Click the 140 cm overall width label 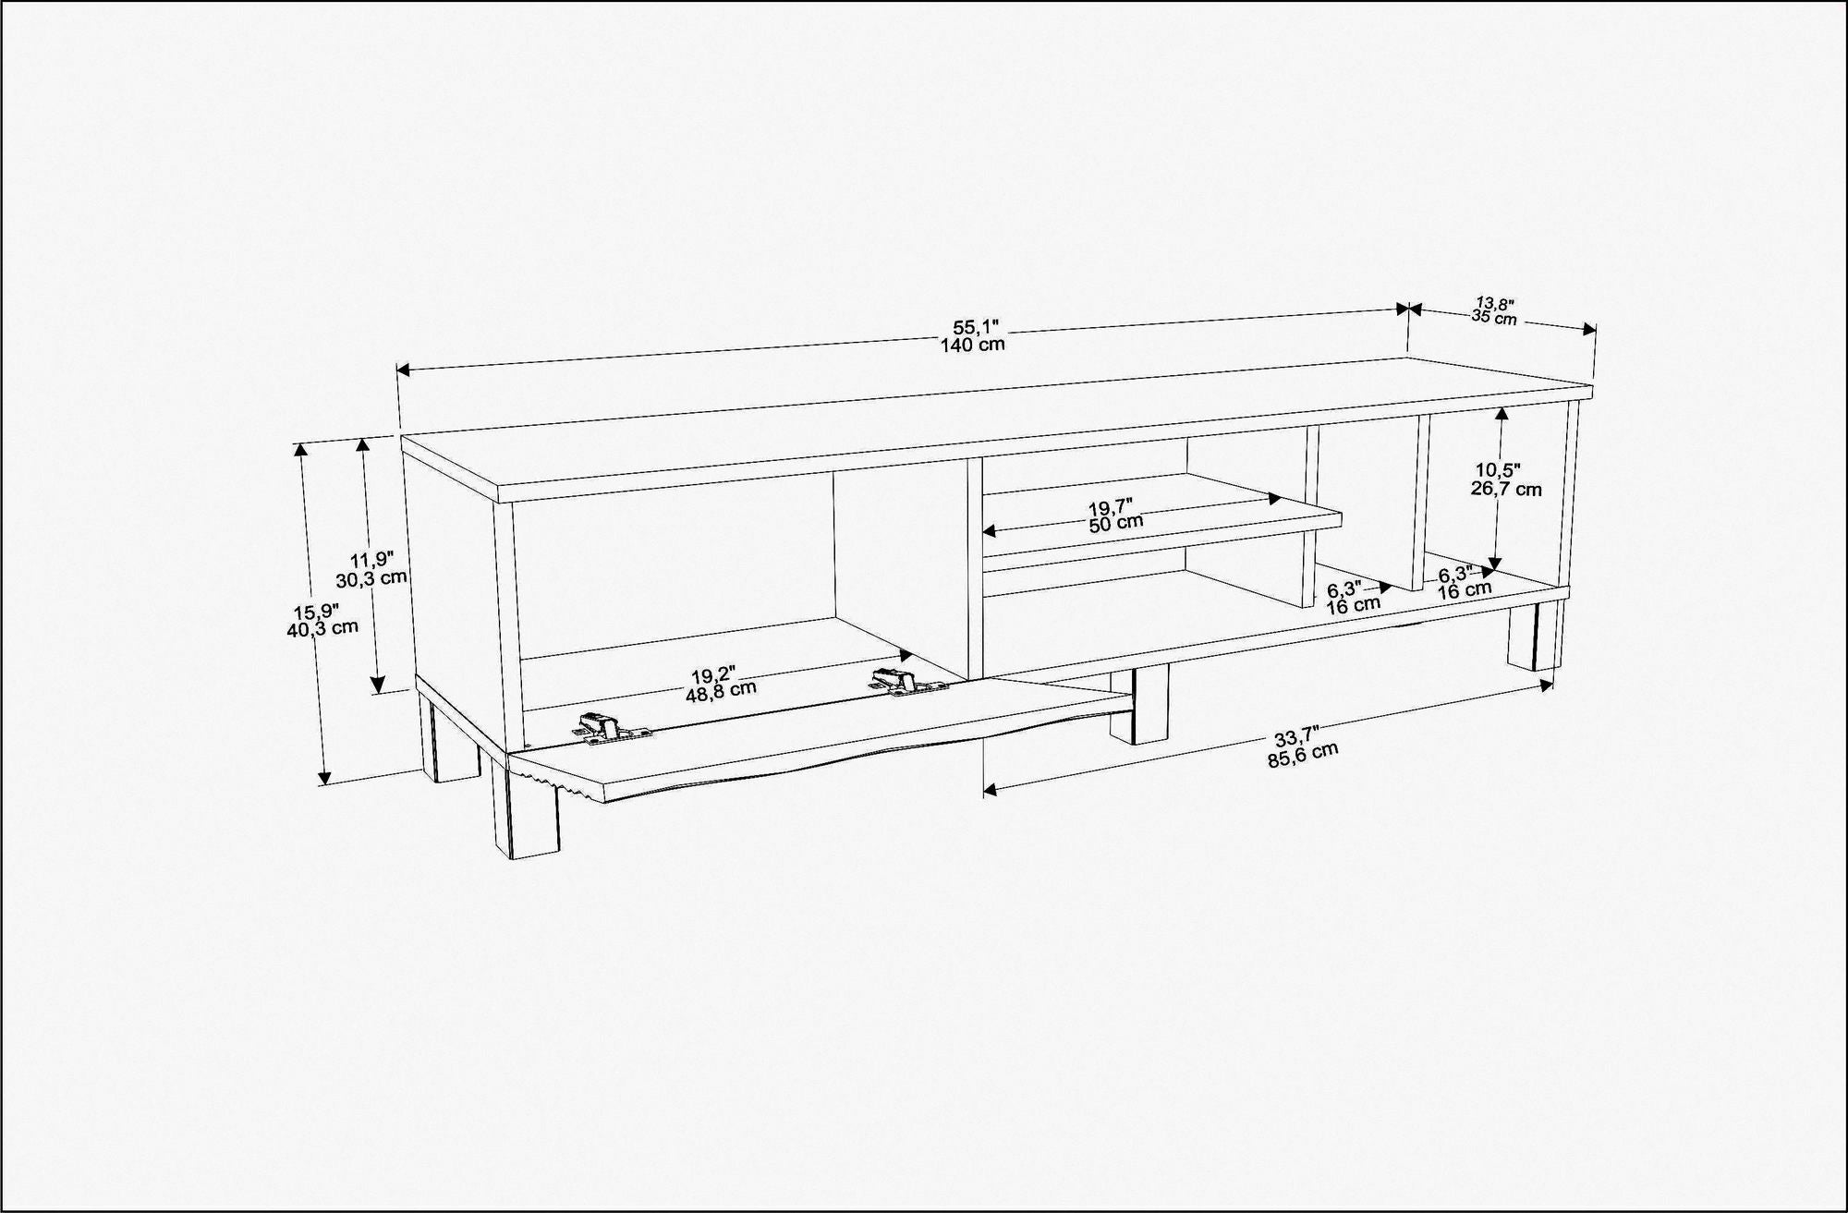tap(972, 345)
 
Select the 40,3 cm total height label tap(322, 627)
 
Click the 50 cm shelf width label tap(1115, 522)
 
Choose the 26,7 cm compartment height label tap(1506, 490)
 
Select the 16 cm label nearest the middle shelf tap(1354, 605)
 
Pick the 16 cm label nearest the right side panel tap(1465, 589)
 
